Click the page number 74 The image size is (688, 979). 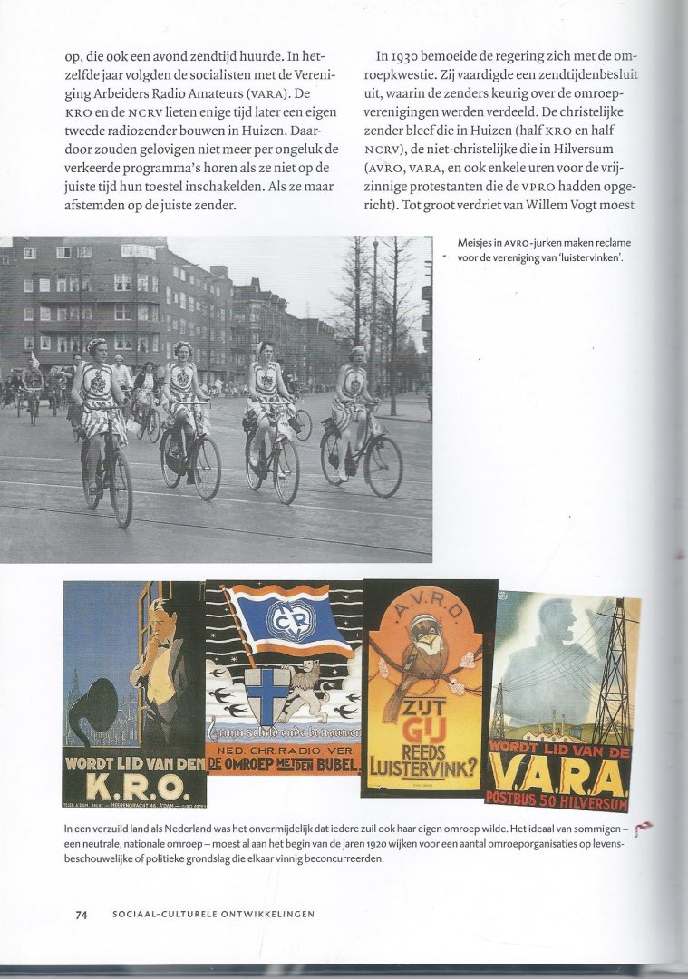(x=82, y=915)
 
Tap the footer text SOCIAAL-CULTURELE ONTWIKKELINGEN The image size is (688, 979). (x=213, y=915)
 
